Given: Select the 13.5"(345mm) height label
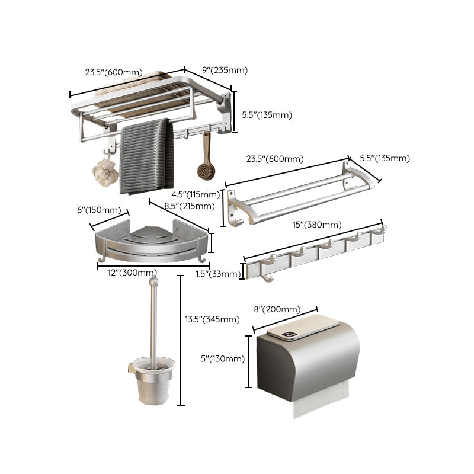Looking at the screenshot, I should pyautogui.click(x=212, y=319).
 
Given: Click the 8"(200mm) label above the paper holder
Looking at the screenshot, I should pyautogui.click(x=277, y=309).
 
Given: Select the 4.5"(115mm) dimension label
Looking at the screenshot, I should pyautogui.click(x=193, y=194).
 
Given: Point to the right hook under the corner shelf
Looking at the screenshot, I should pyautogui.click(x=203, y=260).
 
